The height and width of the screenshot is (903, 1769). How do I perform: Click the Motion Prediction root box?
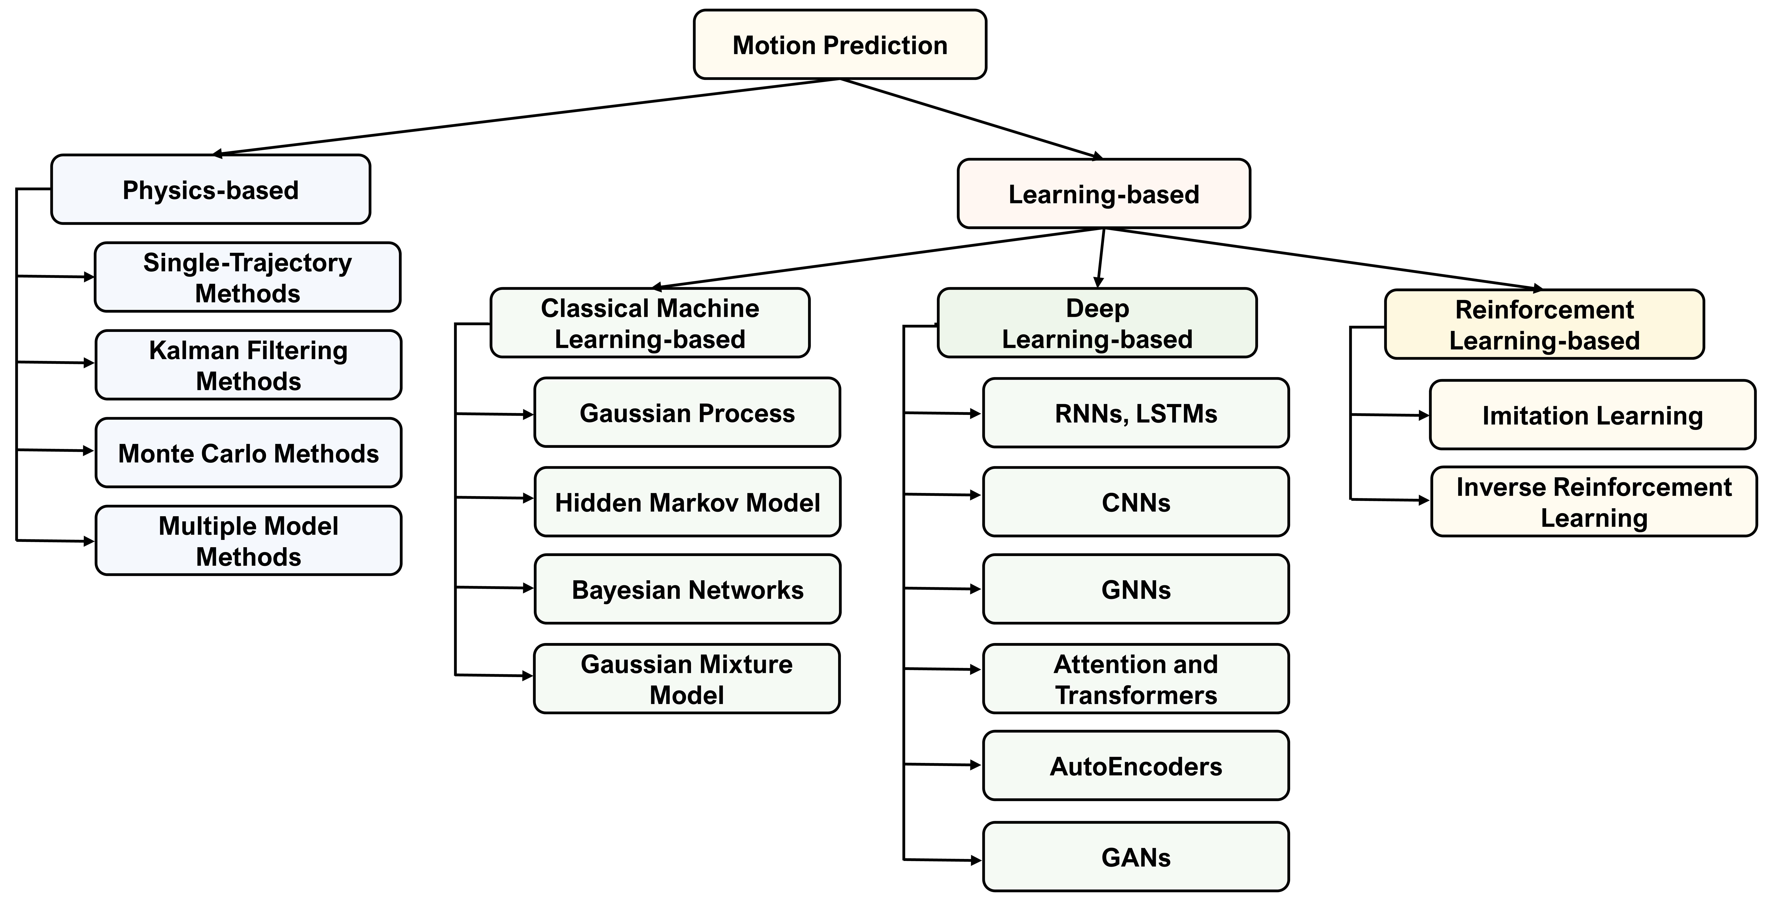(839, 45)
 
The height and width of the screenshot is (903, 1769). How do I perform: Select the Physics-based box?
(210, 190)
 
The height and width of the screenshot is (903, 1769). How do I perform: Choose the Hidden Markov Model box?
(687, 502)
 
